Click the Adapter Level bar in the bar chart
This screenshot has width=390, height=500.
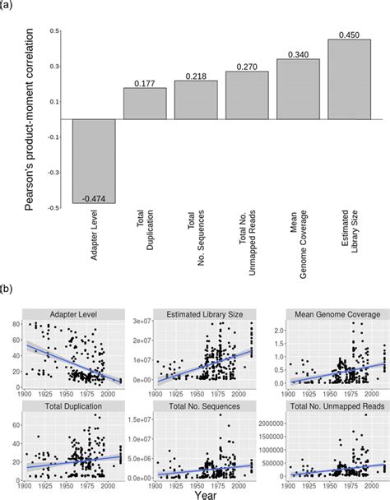(94, 160)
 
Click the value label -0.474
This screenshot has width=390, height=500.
(94, 197)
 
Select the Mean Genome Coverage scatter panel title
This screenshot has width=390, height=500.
(323, 314)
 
